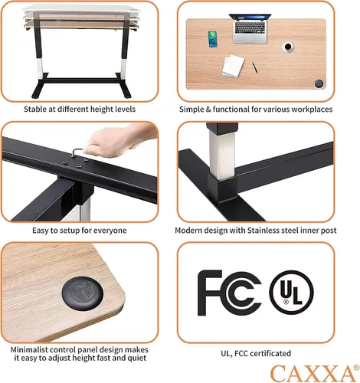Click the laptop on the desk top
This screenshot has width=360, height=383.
click(x=250, y=28)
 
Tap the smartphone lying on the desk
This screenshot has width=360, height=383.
click(x=212, y=39)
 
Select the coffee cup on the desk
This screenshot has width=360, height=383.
click(x=288, y=47)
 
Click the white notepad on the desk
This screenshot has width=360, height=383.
click(x=233, y=66)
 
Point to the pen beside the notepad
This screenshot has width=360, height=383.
click(x=255, y=67)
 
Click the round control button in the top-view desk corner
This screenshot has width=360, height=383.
click(x=319, y=83)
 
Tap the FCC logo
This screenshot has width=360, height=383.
click(x=229, y=293)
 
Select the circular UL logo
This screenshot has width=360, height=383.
click(x=291, y=293)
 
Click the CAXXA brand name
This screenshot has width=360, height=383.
click(x=313, y=373)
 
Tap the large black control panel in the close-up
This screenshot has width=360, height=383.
click(x=83, y=293)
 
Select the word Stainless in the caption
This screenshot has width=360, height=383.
click(x=263, y=231)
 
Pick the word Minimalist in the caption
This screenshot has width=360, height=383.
click(x=29, y=349)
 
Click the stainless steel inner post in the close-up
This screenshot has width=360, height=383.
click(x=221, y=153)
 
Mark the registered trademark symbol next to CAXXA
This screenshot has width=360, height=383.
click(x=356, y=368)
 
